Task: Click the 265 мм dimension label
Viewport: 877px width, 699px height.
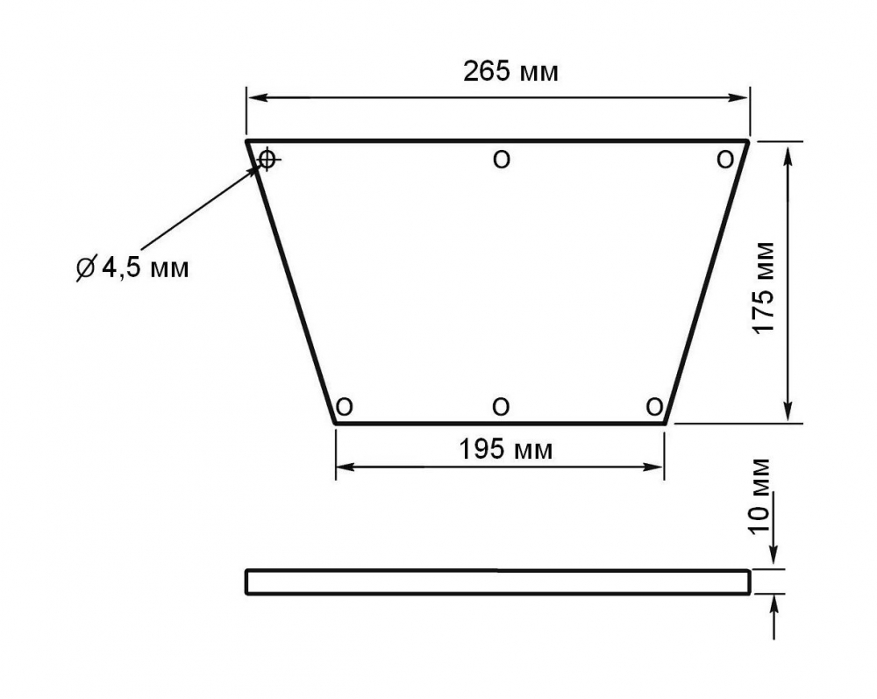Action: (x=510, y=72)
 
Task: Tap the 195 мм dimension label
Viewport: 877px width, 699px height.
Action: (x=506, y=449)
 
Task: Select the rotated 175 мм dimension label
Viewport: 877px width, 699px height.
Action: (x=763, y=288)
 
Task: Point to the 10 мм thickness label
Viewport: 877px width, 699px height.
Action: (x=759, y=496)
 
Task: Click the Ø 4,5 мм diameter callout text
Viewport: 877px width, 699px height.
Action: (x=132, y=267)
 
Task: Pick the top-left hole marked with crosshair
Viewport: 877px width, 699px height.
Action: (x=267, y=160)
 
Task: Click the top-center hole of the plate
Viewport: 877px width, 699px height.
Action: (x=502, y=160)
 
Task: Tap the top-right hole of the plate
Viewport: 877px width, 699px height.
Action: (x=725, y=160)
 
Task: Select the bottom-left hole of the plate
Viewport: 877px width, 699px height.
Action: (x=345, y=407)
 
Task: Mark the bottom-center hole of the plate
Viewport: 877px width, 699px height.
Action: (x=501, y=407)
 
